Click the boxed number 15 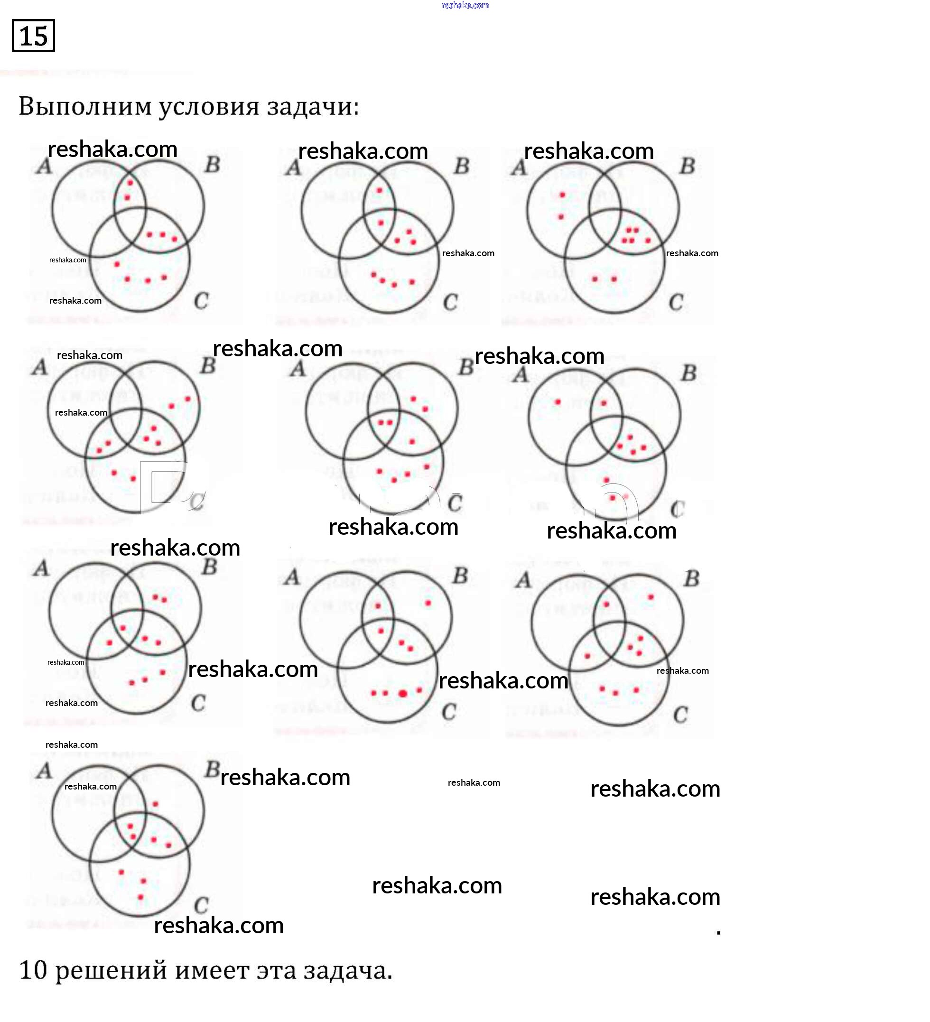click(x=34, y=36)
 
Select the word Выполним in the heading click(x=85, y=107)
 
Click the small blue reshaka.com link click(x=465, y=6)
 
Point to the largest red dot click(x=403, y=694)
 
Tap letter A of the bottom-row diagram click(x=45, y=771)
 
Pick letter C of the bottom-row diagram click(x=201, y=905)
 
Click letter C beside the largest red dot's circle click(x=449, y=712)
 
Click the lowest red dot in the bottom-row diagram click(x=140, y=897)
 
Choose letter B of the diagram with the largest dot click(x=460, y=576)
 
